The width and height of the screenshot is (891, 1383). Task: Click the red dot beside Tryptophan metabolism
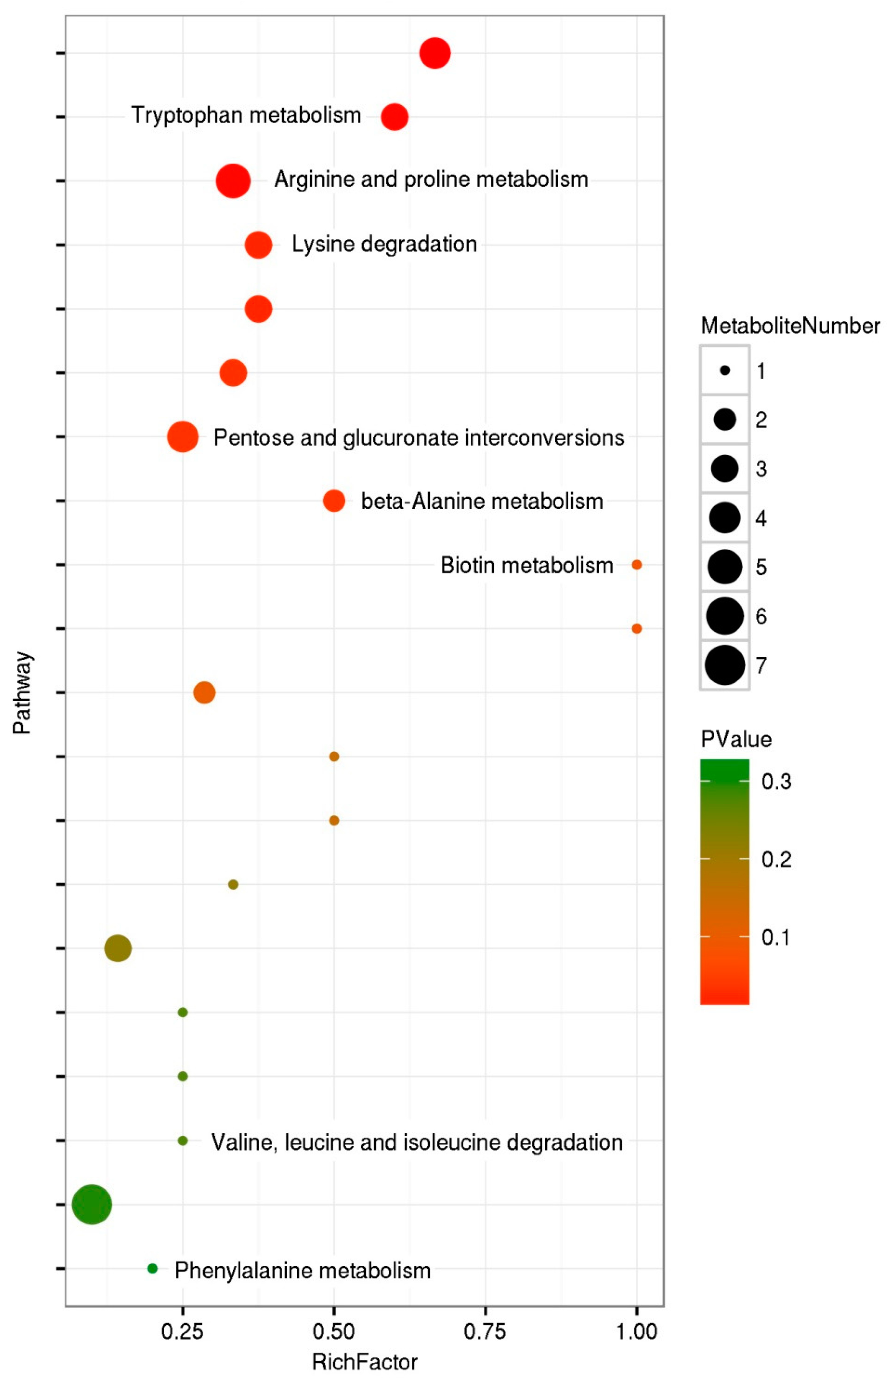[x=395, y=117]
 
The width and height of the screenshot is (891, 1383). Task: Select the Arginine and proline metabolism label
[x=431, y=179]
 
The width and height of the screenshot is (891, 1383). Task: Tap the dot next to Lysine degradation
[x=259, y=245]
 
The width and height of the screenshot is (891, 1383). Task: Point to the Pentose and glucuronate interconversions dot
[x=183, y=437]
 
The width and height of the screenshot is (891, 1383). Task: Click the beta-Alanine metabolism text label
[x=482, y=501]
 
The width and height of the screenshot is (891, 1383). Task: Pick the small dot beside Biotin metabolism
[x=636, y=565]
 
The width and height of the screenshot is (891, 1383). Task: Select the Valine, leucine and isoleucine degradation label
[x=417, y=1142]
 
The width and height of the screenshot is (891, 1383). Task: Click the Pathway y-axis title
[x=22, y=693]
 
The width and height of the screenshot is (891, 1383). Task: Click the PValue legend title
[x=736, y=739]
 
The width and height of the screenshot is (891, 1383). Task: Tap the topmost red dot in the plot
[x=435, y=53]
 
